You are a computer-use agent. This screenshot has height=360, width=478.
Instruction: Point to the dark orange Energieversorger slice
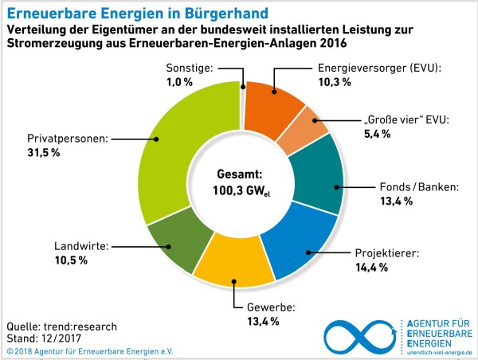coord(274,100)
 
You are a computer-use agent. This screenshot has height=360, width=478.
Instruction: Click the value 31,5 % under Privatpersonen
coord(39,152)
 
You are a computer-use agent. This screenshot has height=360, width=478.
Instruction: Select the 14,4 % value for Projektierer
coord(371,268)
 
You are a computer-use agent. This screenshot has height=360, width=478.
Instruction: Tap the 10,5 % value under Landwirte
coord(71,260)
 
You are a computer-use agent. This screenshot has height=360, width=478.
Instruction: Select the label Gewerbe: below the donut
coord(256,307)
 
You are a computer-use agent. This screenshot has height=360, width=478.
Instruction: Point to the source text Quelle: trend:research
coord(61,327)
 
